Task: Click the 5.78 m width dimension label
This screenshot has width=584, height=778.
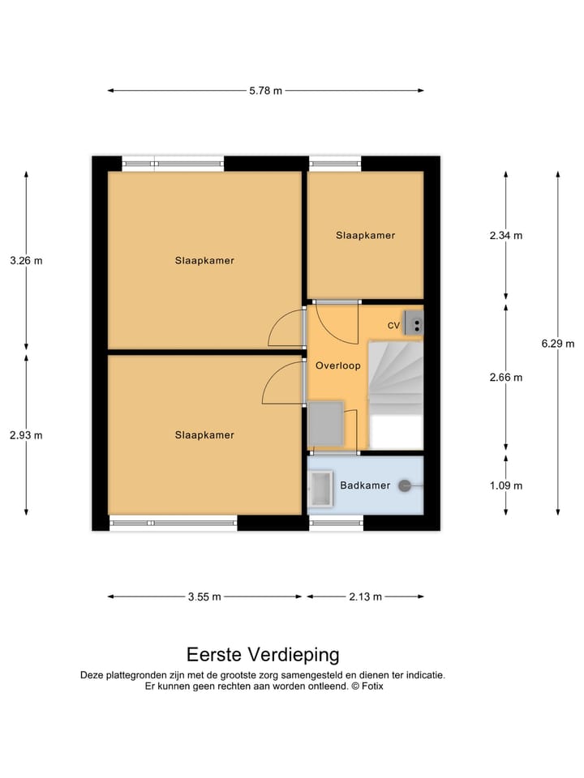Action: coord(266,91)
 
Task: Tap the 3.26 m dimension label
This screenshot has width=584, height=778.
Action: coord(26,260)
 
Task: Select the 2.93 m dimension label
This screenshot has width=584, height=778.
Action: coord(26,435)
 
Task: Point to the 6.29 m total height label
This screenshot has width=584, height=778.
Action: coord(558,344)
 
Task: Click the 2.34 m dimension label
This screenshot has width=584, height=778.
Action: coord(506,236)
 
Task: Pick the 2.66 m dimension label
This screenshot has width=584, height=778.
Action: coord(506,378)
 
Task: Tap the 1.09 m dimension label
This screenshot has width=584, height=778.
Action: coord(506,485)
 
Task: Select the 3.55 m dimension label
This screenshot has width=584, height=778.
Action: coord(204,597)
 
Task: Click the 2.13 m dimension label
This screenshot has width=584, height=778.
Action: coord(366,597)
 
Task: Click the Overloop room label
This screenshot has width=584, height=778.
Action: coord(338,365)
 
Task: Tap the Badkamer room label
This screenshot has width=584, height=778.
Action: coord(365,485)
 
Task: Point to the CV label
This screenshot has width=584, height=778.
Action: coord(394,326)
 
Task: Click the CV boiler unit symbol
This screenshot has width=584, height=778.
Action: coord(413,323)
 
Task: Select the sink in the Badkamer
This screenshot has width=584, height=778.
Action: coord(320,489)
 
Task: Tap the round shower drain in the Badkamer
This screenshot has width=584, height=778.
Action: coord(405,486)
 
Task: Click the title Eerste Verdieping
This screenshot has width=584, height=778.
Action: coord(263,655)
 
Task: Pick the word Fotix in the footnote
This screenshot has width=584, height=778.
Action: coord(372,686)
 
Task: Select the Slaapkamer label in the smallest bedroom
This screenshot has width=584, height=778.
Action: coord(366,235)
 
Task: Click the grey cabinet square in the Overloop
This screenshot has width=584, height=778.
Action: coord(326,423)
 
